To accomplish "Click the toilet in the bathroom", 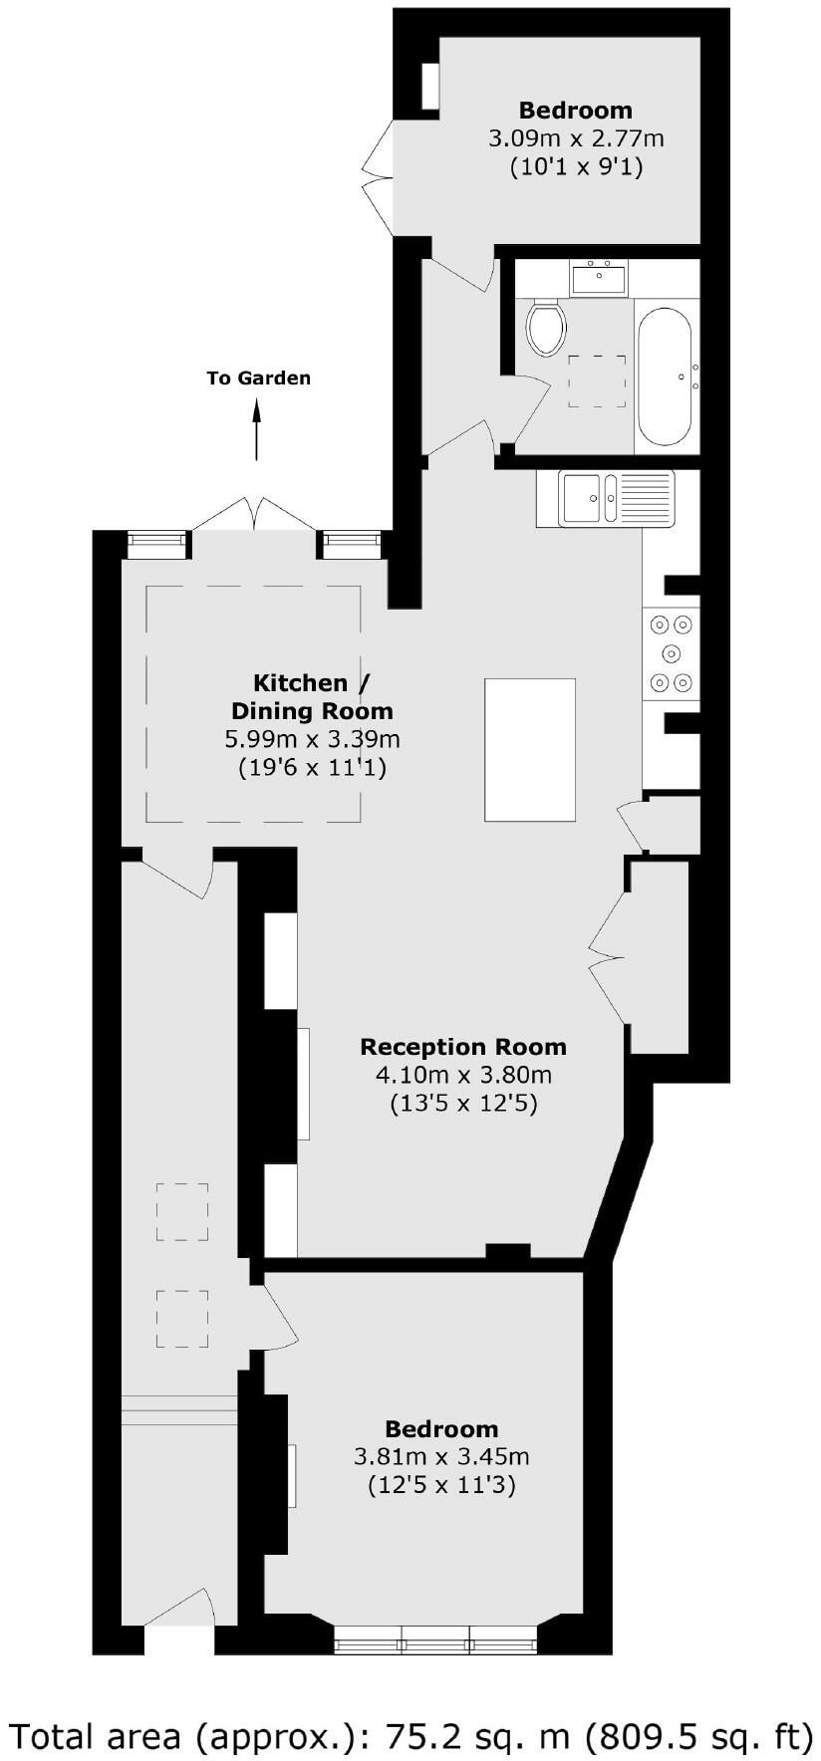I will [546, 329].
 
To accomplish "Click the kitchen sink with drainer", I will [606, 498].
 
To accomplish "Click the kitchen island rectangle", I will [530, 749].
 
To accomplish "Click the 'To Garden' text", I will [258, 378].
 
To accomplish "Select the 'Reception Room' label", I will [463, 1047].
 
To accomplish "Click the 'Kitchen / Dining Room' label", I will [312, 697].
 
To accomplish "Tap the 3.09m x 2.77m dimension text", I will [576, 138].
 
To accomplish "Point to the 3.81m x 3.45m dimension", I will [441, 1457].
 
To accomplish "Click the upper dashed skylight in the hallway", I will [182, 1212].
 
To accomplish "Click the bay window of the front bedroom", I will [435, 1638].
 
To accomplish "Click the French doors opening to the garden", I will [256, 514].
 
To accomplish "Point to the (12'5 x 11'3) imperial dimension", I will [441, 1486].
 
